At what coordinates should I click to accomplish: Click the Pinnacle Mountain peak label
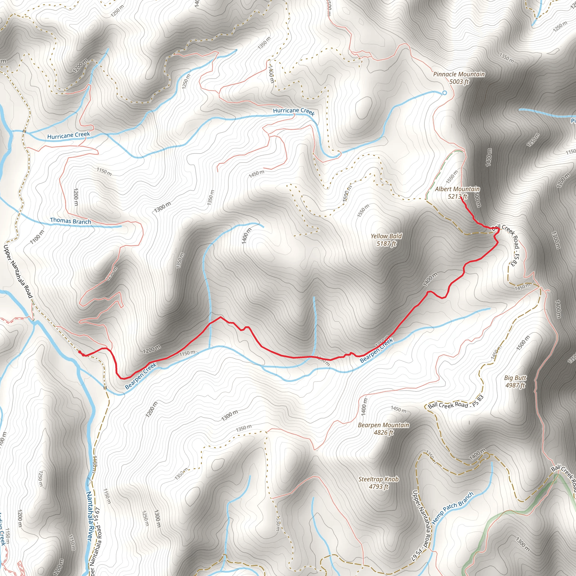click(x=459, y=74)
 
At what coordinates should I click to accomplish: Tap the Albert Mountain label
click(x=457, y=189)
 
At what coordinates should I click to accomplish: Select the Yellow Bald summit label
click(x=386, y=236)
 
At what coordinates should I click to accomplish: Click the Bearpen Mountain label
click(x=383, y=425)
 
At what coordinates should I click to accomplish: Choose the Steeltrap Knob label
click(x=378, y=479)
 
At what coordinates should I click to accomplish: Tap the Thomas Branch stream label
click(x=70, y=221)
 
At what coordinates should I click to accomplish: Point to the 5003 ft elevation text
click(x=459, y=82)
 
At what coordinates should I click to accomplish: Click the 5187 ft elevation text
click(x=386, y=244)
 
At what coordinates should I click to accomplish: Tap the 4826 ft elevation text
click(x=383, y=433)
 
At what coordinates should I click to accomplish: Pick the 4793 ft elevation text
click(x=378, y=487)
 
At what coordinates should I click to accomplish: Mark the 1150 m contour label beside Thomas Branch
click(x=104, y=172)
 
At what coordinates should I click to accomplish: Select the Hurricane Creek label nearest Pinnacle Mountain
click(x=294, y=111)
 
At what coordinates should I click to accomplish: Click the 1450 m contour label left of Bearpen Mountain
click(x=399, y=409)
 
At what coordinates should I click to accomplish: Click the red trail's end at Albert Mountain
click(x=461, y=197)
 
